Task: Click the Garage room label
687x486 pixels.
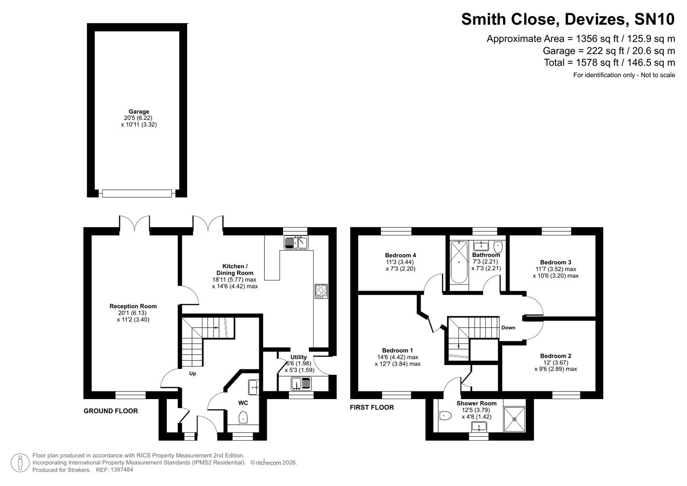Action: (139, 112)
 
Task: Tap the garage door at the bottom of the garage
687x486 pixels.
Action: (137, 193)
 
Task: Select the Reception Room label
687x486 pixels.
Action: (133, 306)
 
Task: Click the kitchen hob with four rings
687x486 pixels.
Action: (321, 291)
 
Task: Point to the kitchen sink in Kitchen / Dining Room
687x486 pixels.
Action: (296, 243)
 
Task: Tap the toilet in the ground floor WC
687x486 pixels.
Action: (243, 417)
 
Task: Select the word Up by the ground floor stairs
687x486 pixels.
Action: (193, 373)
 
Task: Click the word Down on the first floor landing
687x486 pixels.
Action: (508, 328)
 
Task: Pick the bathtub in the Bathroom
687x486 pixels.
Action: (459, 262)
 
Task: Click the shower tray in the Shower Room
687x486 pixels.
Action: (514, 418)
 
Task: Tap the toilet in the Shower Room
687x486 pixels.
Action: (445, 415)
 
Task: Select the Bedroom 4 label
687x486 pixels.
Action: (400, 255)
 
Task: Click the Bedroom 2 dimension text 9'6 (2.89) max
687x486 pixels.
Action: (556, 369)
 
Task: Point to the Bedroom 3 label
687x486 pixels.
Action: (556, 262)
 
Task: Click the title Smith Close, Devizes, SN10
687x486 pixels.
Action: (568, 19)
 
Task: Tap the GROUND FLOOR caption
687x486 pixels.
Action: (111, 411)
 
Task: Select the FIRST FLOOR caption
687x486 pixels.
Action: (372, 407)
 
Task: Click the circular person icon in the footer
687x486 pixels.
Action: (20, 463)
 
